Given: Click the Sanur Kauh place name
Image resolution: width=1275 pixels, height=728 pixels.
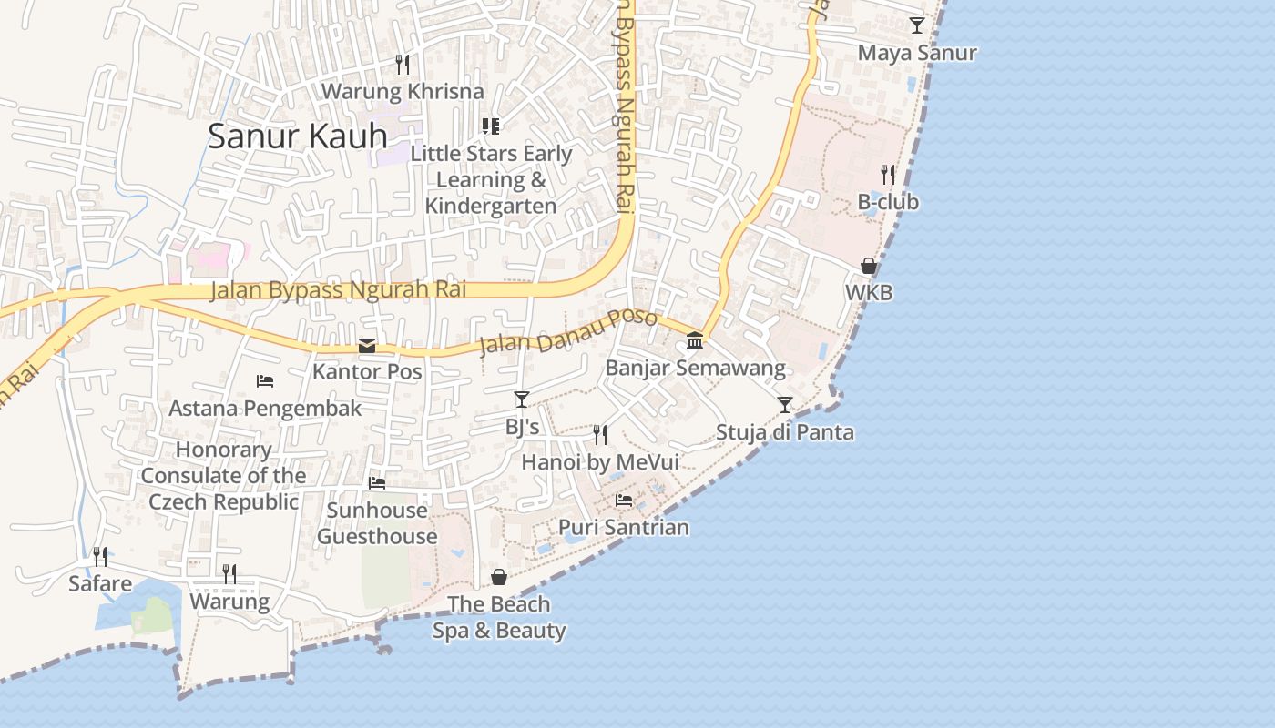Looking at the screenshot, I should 298,136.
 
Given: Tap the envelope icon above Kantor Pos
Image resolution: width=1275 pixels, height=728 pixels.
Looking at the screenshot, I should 367,345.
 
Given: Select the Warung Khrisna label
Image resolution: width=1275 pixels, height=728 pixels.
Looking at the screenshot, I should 403,91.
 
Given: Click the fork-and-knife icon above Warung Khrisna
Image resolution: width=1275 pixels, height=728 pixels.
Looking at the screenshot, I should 403,64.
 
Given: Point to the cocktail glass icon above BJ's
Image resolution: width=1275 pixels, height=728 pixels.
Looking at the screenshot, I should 522,399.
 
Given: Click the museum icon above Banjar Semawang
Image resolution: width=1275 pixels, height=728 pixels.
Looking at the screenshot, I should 695,340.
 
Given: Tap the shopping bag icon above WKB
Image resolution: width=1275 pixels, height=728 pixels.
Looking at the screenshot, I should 869,266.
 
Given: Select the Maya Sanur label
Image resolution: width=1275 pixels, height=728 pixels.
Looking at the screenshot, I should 917,53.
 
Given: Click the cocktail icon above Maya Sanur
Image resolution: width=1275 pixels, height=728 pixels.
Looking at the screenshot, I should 917,25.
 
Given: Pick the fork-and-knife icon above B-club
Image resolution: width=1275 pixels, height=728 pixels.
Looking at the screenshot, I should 888,175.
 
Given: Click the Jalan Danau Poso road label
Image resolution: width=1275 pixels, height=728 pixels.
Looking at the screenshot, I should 567,331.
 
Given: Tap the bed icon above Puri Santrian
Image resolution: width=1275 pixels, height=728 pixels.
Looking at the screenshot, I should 624,500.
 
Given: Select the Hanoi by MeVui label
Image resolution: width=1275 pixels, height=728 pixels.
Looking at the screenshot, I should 600,462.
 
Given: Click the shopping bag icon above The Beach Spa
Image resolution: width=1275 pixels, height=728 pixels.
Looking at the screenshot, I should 499,577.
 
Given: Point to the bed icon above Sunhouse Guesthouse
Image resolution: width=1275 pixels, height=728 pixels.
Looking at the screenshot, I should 377,482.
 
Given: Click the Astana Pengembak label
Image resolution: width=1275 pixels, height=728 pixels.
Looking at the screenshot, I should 265,408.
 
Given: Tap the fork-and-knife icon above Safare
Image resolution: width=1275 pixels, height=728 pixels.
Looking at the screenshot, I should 100,556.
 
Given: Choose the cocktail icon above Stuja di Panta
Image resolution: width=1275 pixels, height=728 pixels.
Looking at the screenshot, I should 785,404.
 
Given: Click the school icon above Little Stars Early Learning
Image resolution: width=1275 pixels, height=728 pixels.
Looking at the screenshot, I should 491,126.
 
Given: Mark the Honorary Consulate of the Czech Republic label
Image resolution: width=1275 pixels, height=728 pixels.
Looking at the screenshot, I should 224,475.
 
